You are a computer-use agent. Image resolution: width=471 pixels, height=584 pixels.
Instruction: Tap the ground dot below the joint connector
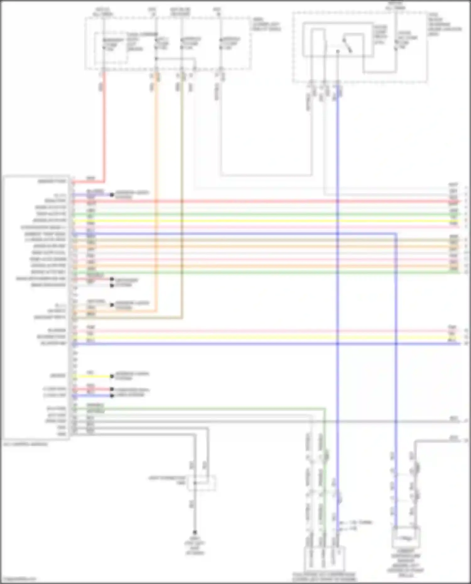(x=195, y=532)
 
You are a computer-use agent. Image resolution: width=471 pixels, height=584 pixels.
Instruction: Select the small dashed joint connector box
(x=202, y=483)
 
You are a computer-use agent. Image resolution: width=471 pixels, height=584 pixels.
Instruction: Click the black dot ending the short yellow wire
(x=112, y=376)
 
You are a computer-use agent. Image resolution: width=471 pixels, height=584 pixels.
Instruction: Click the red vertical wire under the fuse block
(x=104, y=126)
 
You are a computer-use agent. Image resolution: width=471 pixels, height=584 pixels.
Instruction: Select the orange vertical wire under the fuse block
(x=156, y=188)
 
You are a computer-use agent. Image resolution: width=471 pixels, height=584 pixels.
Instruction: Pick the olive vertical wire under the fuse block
(x=181, y=188)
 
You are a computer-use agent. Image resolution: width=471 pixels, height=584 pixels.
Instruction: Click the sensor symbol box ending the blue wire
(x=406, y=538)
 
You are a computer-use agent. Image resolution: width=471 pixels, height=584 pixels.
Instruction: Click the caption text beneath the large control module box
(x=25, y=444)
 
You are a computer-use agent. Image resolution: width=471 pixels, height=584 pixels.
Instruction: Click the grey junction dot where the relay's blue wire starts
(x=338, y=51)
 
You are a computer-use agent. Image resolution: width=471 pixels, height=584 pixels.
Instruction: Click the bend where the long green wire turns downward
(x=325, y=409)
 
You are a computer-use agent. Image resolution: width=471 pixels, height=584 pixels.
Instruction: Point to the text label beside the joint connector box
(x=167, y=480)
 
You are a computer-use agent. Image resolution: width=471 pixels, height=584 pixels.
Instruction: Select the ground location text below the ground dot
(x=195, y=546)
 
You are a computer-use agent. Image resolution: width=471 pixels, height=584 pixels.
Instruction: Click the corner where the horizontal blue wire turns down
(x=396, y=234)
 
